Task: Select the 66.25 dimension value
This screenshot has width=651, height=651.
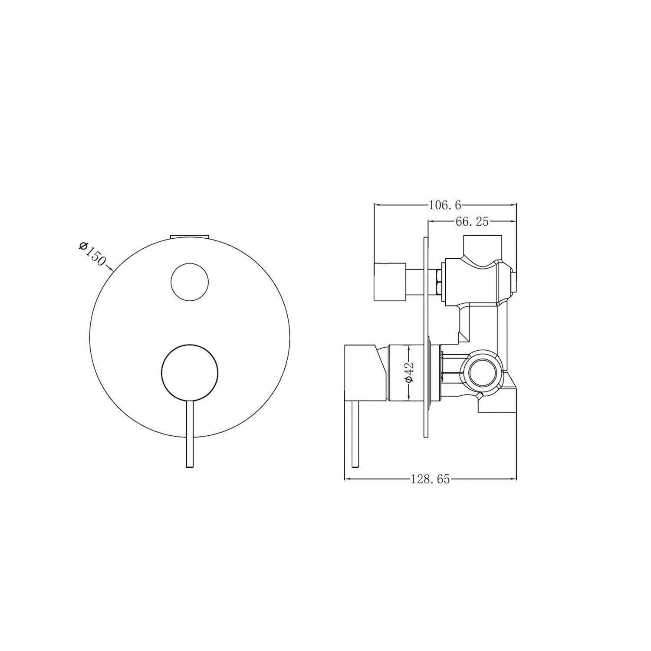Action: pos(472,222)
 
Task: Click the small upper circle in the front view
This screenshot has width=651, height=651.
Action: pos(190,281)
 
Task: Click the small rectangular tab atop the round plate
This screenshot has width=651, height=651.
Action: pos(190,237)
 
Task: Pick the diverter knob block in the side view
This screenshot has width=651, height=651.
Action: pos(389,282)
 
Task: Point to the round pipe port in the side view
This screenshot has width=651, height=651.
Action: pos(481,373)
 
